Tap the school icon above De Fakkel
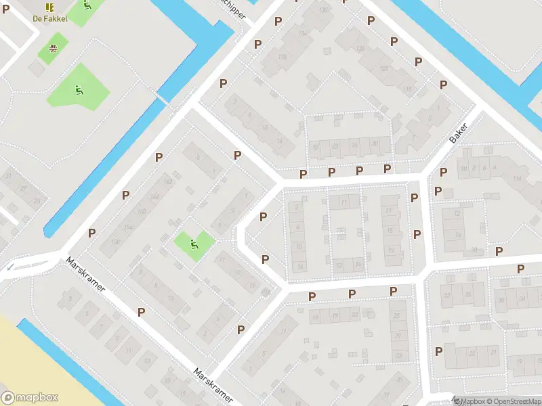click(x=49, y=7)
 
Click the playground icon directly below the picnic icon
click(x=79, y=88)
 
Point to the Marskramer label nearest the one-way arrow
click(x=86, y=275)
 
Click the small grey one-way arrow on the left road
click(x=9, y=267)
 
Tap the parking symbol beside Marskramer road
click(x=141, y=312)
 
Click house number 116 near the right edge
click(x=518, y=178)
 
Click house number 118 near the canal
click(x=407, y=89)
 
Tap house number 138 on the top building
click(x=282, y=57)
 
